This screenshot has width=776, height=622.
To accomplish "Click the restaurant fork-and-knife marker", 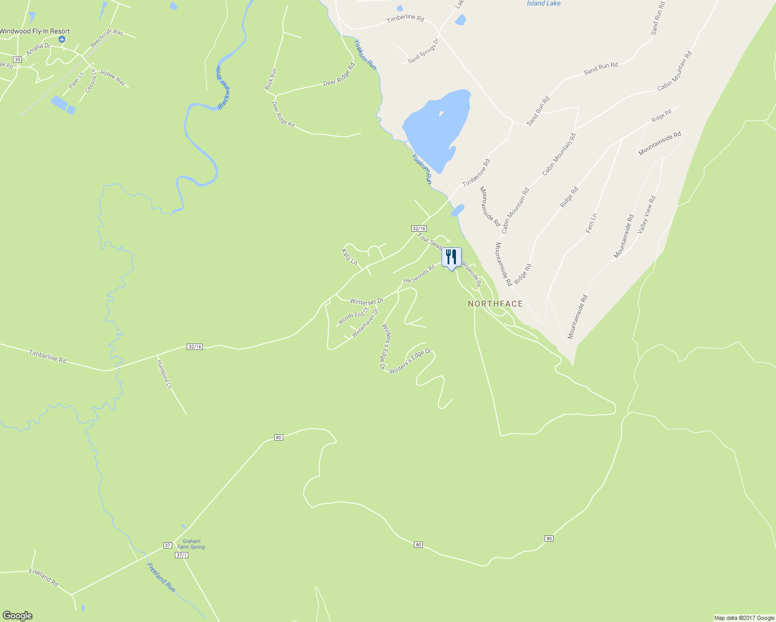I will click(451, 257).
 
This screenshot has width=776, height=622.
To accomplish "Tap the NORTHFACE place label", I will click(495, 304).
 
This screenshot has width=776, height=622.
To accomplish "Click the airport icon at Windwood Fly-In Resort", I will click(62, 39).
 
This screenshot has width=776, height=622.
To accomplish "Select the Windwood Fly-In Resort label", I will click(34, 31).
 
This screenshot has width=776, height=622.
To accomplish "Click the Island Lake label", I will click(544, 4).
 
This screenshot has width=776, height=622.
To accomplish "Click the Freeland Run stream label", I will click(161, 577).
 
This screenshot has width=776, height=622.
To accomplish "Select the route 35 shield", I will click(18, 60).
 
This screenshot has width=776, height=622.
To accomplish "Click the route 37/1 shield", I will click(182, 555).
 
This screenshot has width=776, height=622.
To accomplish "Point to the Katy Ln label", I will click(350, 257).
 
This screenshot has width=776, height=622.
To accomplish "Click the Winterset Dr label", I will click(366, 301).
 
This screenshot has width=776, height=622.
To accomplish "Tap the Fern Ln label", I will click(591, 223).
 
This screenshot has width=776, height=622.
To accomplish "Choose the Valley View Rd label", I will click(647, 214).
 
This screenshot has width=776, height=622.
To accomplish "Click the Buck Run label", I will click(270, 79).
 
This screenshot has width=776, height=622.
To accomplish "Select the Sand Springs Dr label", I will click(423, 51).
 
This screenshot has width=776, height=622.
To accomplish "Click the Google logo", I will click(17, 616).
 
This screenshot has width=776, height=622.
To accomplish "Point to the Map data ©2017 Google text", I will click(744, 618).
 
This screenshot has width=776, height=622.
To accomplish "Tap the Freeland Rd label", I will click(44, 577).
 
